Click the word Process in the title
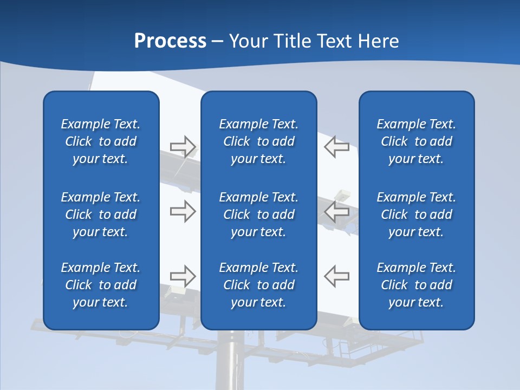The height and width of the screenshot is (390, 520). tap(170, 41)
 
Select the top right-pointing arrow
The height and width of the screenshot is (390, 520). tap(183, 147)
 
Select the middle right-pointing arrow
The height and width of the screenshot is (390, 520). tap(183, 211)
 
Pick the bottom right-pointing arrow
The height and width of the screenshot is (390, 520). tap(183, 276)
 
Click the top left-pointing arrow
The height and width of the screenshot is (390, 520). tap(336, 147)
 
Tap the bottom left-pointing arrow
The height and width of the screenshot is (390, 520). tap(336, 276)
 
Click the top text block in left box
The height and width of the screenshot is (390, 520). tap(101, 141)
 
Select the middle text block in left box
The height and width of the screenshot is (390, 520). tap(101, 214)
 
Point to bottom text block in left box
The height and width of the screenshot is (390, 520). tap(101, 285)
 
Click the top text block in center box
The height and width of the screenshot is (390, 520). tap(259, 141)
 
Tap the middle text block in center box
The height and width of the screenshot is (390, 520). tap(259, 214)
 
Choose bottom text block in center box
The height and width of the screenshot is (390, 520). tap(259, 285)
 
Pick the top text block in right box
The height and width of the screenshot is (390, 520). tap(417, 141)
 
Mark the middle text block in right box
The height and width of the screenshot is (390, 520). tap(417, 214)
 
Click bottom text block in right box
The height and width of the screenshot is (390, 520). tap(417, 285)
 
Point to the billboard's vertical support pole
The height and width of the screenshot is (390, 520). tap(231, 363)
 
